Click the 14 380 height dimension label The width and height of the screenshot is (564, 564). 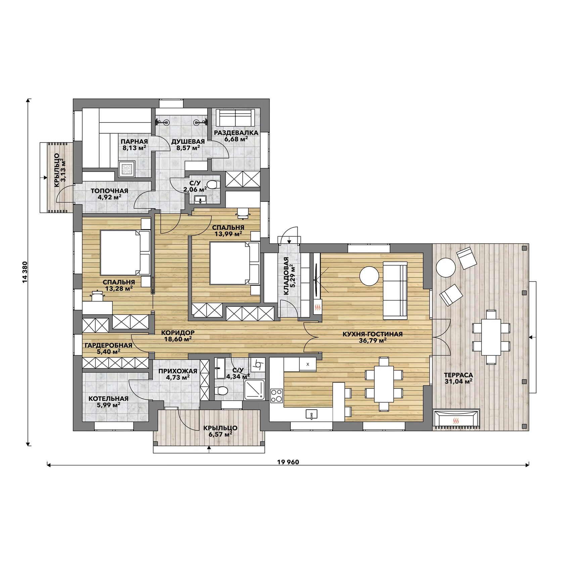tap(25, 272)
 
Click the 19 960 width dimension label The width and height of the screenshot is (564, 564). tap(288, 462)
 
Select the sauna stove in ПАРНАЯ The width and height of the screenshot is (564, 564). tap(127, 169)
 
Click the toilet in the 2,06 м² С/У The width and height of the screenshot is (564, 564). tap(213, 184)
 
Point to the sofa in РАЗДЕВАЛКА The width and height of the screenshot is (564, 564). tap(235, 117)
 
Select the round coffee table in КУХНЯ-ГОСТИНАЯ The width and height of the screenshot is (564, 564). tap(369, 276)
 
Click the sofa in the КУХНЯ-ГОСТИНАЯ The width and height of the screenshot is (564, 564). tap(395, 290)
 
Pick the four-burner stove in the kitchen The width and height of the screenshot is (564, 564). tap(277, 395)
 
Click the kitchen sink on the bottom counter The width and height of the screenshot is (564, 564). tap(312, 414)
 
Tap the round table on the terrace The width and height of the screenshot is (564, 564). tap(446, 267)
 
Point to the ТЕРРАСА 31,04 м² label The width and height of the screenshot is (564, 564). tap(459, 378)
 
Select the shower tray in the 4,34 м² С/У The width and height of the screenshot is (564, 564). tap(254, 390)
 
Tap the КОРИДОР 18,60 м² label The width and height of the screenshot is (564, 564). tap(178, 336)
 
